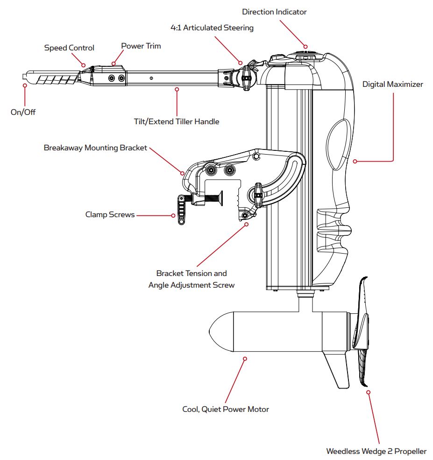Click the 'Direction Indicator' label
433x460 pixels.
pos(274,12)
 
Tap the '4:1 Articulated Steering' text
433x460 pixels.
pos(212,28)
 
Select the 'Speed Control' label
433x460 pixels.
pos(69,48)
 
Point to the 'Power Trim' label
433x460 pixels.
pos(141,46)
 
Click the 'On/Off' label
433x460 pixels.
pos(23,112)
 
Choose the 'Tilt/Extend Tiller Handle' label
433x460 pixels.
pos(176,121)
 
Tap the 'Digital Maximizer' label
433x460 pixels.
pos(393,85)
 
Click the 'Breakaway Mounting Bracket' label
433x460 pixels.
pos(95,148)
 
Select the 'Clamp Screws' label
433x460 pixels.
pos(110,215)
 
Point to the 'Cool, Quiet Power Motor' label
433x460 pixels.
pos(226,410)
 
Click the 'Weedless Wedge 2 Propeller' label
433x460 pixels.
pos(376,452)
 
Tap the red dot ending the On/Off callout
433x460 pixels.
pos(24,85)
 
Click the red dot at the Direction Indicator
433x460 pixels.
pos(305,46)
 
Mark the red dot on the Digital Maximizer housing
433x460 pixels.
pos(355,162)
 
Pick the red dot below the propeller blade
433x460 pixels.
pos(369,392)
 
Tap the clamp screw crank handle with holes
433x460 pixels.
pos(180,210)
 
